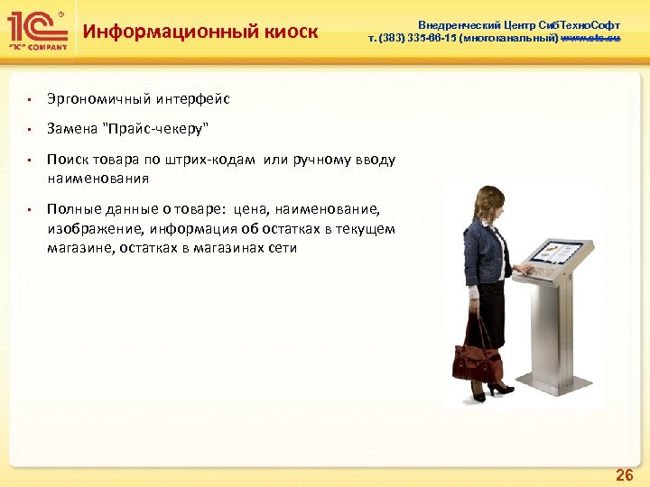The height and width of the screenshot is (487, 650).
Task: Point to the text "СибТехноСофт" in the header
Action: (578, 25)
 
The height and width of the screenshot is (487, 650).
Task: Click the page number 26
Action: (623, 474)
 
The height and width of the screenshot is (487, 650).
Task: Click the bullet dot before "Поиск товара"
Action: (30, 161)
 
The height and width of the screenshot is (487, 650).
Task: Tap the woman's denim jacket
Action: (483, 248)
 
